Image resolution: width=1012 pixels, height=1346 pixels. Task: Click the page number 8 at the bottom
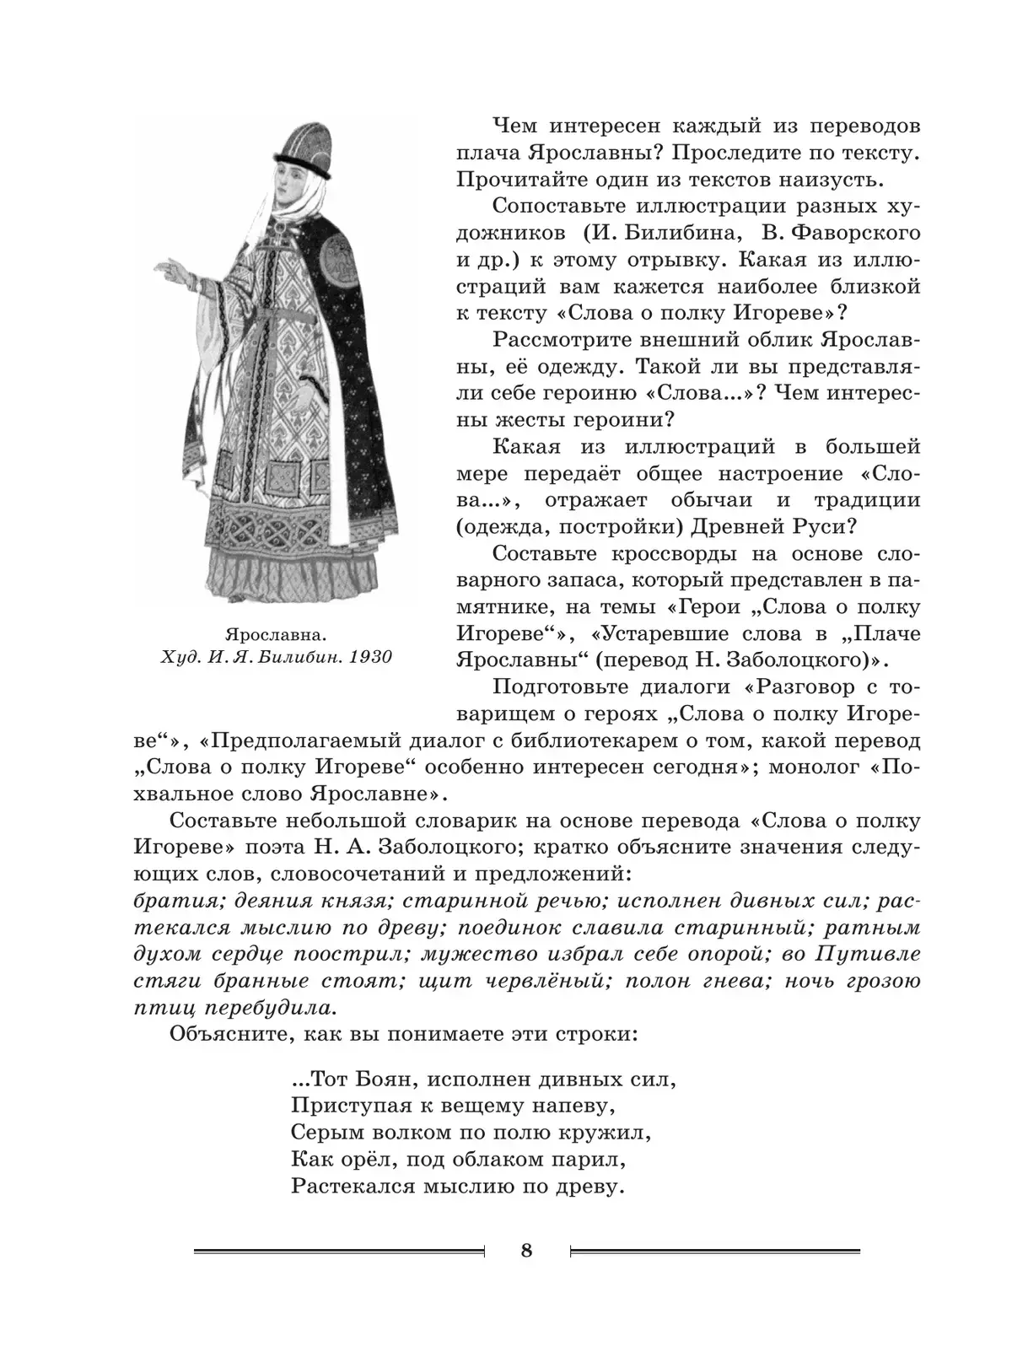[x=527, y=1250]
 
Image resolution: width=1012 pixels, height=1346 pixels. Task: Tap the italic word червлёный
[x=538, y=981]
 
